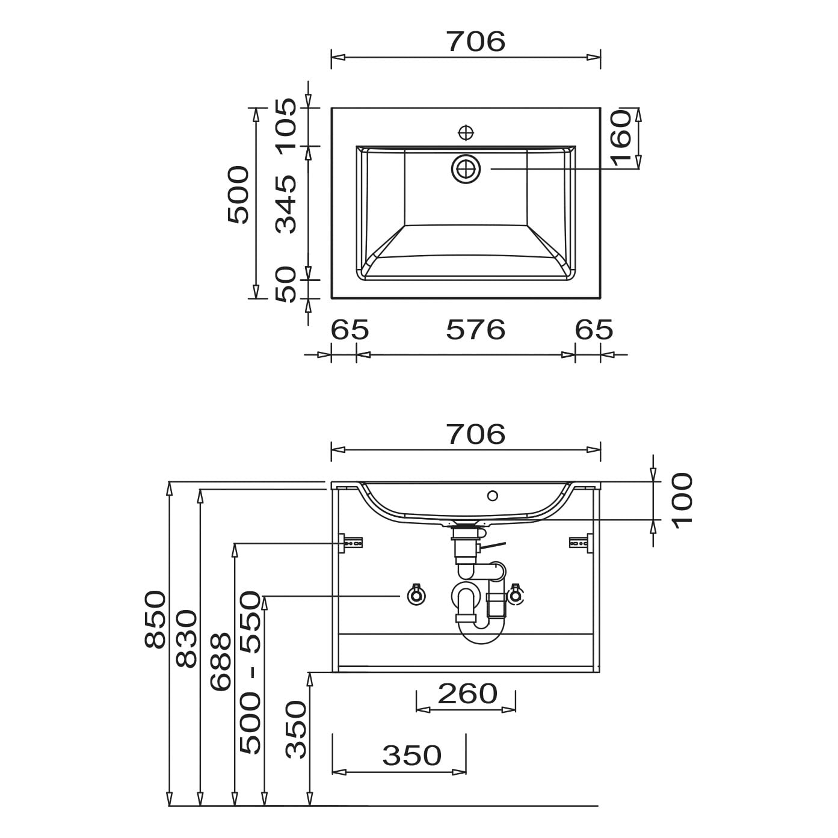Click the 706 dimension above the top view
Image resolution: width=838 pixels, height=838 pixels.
(x=476, y=42)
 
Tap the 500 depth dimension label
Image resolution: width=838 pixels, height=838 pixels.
(x=239, y=194)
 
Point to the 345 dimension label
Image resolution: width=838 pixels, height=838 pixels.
(x=286, y=205)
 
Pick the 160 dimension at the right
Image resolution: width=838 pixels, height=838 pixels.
(x=621, y=138)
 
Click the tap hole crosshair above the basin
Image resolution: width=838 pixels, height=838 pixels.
(x=466, y=132)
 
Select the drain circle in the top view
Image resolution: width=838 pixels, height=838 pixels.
(x=466, y=168)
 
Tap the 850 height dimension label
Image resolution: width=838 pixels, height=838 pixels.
(x=155, y=619)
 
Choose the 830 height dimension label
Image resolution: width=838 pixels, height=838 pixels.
(x=186, y=638)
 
